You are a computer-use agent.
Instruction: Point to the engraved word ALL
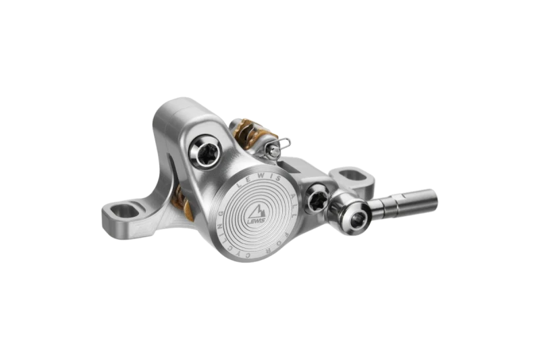tap(288, 191)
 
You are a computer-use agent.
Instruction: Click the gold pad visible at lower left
tap(181, 203)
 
